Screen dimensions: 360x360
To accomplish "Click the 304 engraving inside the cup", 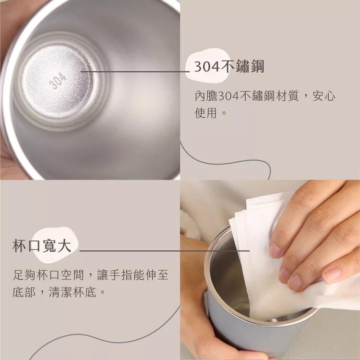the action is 58,80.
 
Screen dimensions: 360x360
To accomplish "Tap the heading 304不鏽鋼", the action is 229,66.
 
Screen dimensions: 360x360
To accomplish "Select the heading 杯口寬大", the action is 42,246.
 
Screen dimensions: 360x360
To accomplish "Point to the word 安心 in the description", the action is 324,96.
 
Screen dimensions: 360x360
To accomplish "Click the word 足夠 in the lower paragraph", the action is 24,275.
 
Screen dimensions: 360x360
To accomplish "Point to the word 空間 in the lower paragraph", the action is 72,275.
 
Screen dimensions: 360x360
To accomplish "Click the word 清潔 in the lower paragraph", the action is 60,292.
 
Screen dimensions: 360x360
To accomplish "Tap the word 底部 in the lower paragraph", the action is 24,292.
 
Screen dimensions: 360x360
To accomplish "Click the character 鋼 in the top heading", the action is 257,66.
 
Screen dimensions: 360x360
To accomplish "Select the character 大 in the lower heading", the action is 64,246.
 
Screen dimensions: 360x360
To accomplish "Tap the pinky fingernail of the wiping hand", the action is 332,276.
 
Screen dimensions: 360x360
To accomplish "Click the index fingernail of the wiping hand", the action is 275,250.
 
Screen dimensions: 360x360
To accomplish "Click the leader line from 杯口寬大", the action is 164,251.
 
